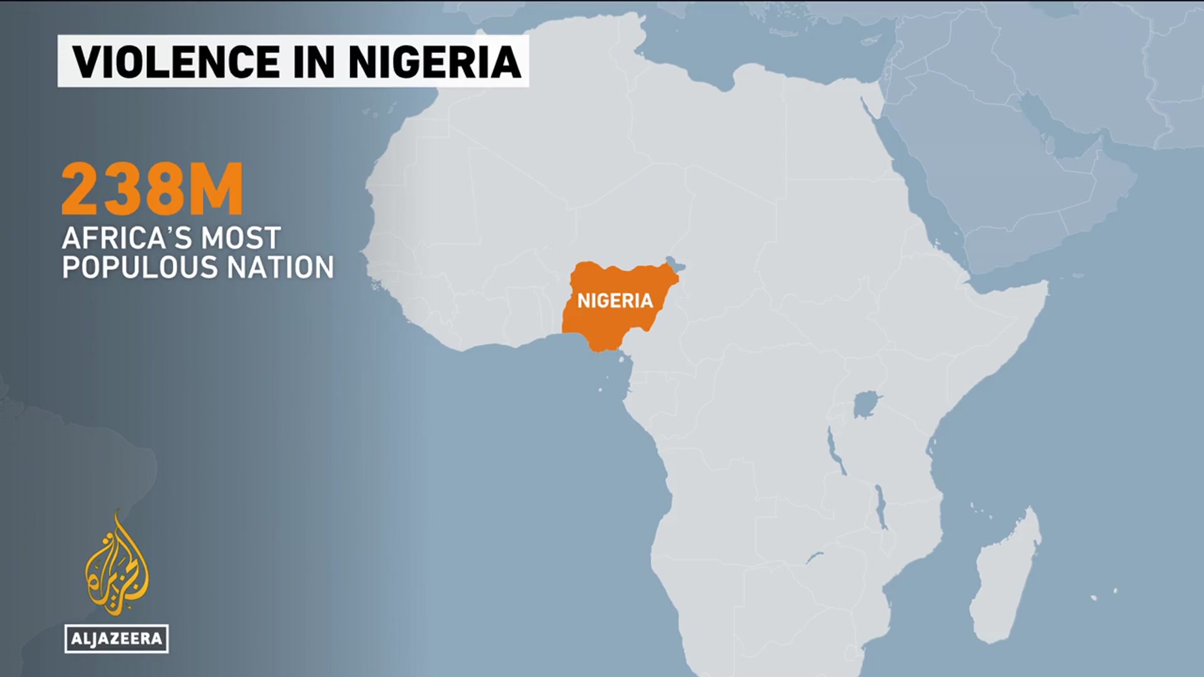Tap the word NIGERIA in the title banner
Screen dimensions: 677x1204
435,61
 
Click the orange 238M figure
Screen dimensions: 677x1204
152,189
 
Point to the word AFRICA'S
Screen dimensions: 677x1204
125,238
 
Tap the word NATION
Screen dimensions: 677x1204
280,268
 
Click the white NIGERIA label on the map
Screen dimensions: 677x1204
615,301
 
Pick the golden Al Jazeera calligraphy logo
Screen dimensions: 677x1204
117,564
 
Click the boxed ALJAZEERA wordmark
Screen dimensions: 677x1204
117,639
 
